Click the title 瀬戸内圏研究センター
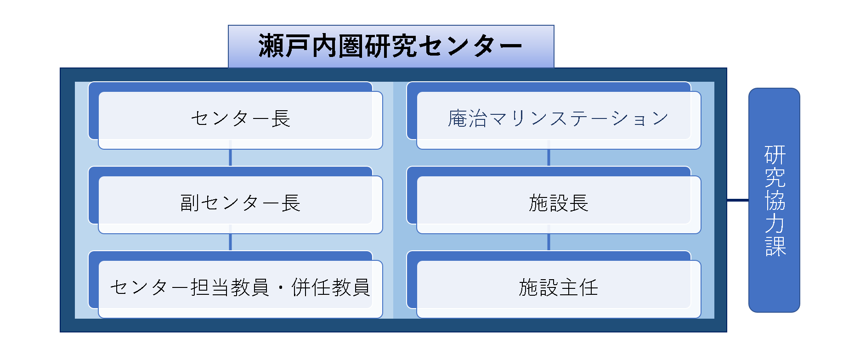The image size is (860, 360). (x=391, y=46)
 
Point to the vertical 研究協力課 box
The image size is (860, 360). (x=774, y=200)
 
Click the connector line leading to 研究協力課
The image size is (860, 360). (x=738, y=200)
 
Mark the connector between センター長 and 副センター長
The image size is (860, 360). (x=230, y=157)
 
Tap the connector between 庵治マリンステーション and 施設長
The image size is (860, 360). (x=549, y=157)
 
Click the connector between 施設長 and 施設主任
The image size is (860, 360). (x=549, y=242)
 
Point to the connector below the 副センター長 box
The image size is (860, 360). (x=230, y=242)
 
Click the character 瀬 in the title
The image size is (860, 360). (x=271, y=46)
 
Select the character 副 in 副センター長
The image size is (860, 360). (x=189, y=202)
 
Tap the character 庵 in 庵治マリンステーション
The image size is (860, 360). (x=458, y=118)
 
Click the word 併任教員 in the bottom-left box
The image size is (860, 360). (x=331, y=287)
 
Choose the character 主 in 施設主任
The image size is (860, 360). (x=569, y=287)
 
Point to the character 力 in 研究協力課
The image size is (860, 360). (x=775, y=224)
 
